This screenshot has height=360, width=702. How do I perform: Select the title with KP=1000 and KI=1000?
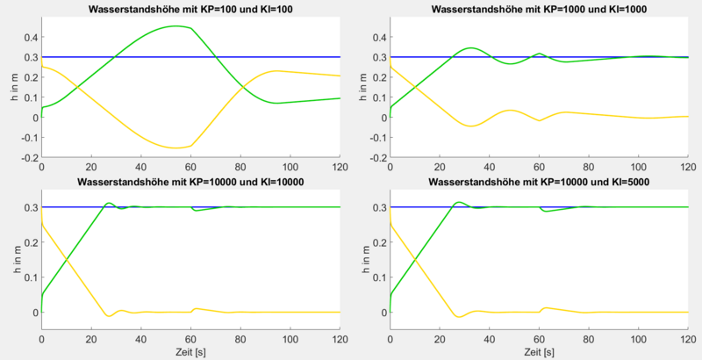539,8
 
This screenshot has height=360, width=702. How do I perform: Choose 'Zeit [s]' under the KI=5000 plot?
539,351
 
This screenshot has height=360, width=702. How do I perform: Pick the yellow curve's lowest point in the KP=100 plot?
175,148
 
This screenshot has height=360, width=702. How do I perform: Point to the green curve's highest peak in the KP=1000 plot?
471,47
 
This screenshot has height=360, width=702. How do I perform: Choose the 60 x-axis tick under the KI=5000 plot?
539,338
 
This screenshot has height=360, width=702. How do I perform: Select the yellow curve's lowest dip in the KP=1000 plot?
471,126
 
